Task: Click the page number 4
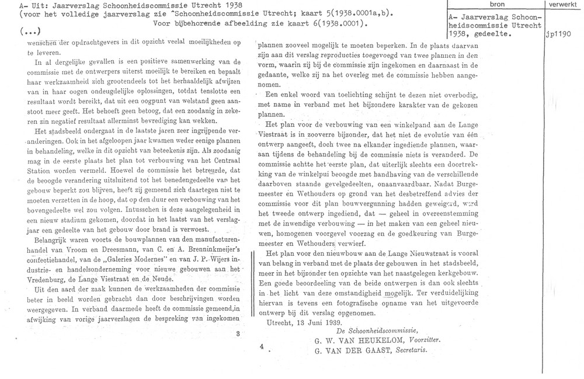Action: (263, 345)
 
